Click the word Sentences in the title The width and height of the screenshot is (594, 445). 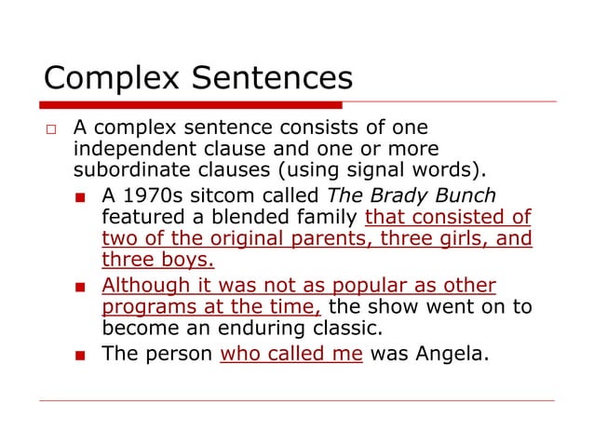[x=269, y=74]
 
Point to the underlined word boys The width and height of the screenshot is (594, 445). [x=187, y=262]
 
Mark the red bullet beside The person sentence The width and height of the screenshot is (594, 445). [x=82, y=354]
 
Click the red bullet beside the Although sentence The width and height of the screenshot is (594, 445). [x=82, y=286]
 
